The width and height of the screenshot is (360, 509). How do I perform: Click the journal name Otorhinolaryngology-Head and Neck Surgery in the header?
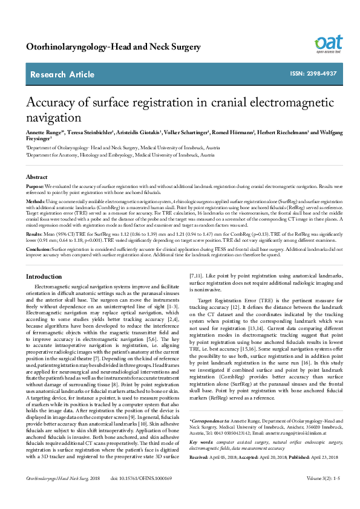tap(114, 47)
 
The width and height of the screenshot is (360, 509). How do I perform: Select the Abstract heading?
tap(36, 177)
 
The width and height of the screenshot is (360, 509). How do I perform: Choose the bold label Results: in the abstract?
tap(34, 232)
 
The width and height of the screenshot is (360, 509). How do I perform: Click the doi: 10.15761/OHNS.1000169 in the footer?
tap(142, 495)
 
